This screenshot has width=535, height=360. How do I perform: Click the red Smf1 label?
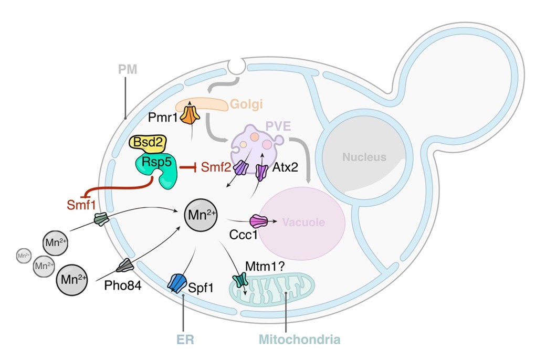(79, 203)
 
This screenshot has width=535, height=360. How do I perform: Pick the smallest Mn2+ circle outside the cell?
(24, 256)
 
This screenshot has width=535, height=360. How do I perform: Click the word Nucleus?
(364, 156)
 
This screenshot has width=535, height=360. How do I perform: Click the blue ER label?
(184, 338)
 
